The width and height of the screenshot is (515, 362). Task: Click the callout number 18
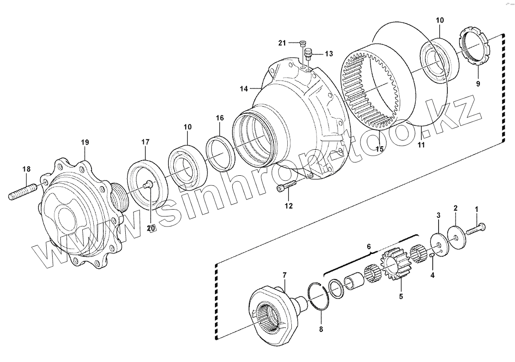click(x=27, y=169)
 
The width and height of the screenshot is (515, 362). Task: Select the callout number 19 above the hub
click(x=85, y=143)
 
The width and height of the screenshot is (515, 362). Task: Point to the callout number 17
click(x=145, y=142)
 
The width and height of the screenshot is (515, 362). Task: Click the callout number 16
click(x=220, y=118)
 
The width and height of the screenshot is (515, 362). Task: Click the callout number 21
click(x=282, y=43)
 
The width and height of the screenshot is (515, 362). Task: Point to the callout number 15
click(x=379, y=149)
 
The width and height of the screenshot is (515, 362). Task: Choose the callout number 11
click(x=421, y=145)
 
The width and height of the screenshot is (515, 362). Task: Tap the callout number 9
click(x=478, y=84)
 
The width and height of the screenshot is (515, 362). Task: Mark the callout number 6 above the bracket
click(x=369, y=246)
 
